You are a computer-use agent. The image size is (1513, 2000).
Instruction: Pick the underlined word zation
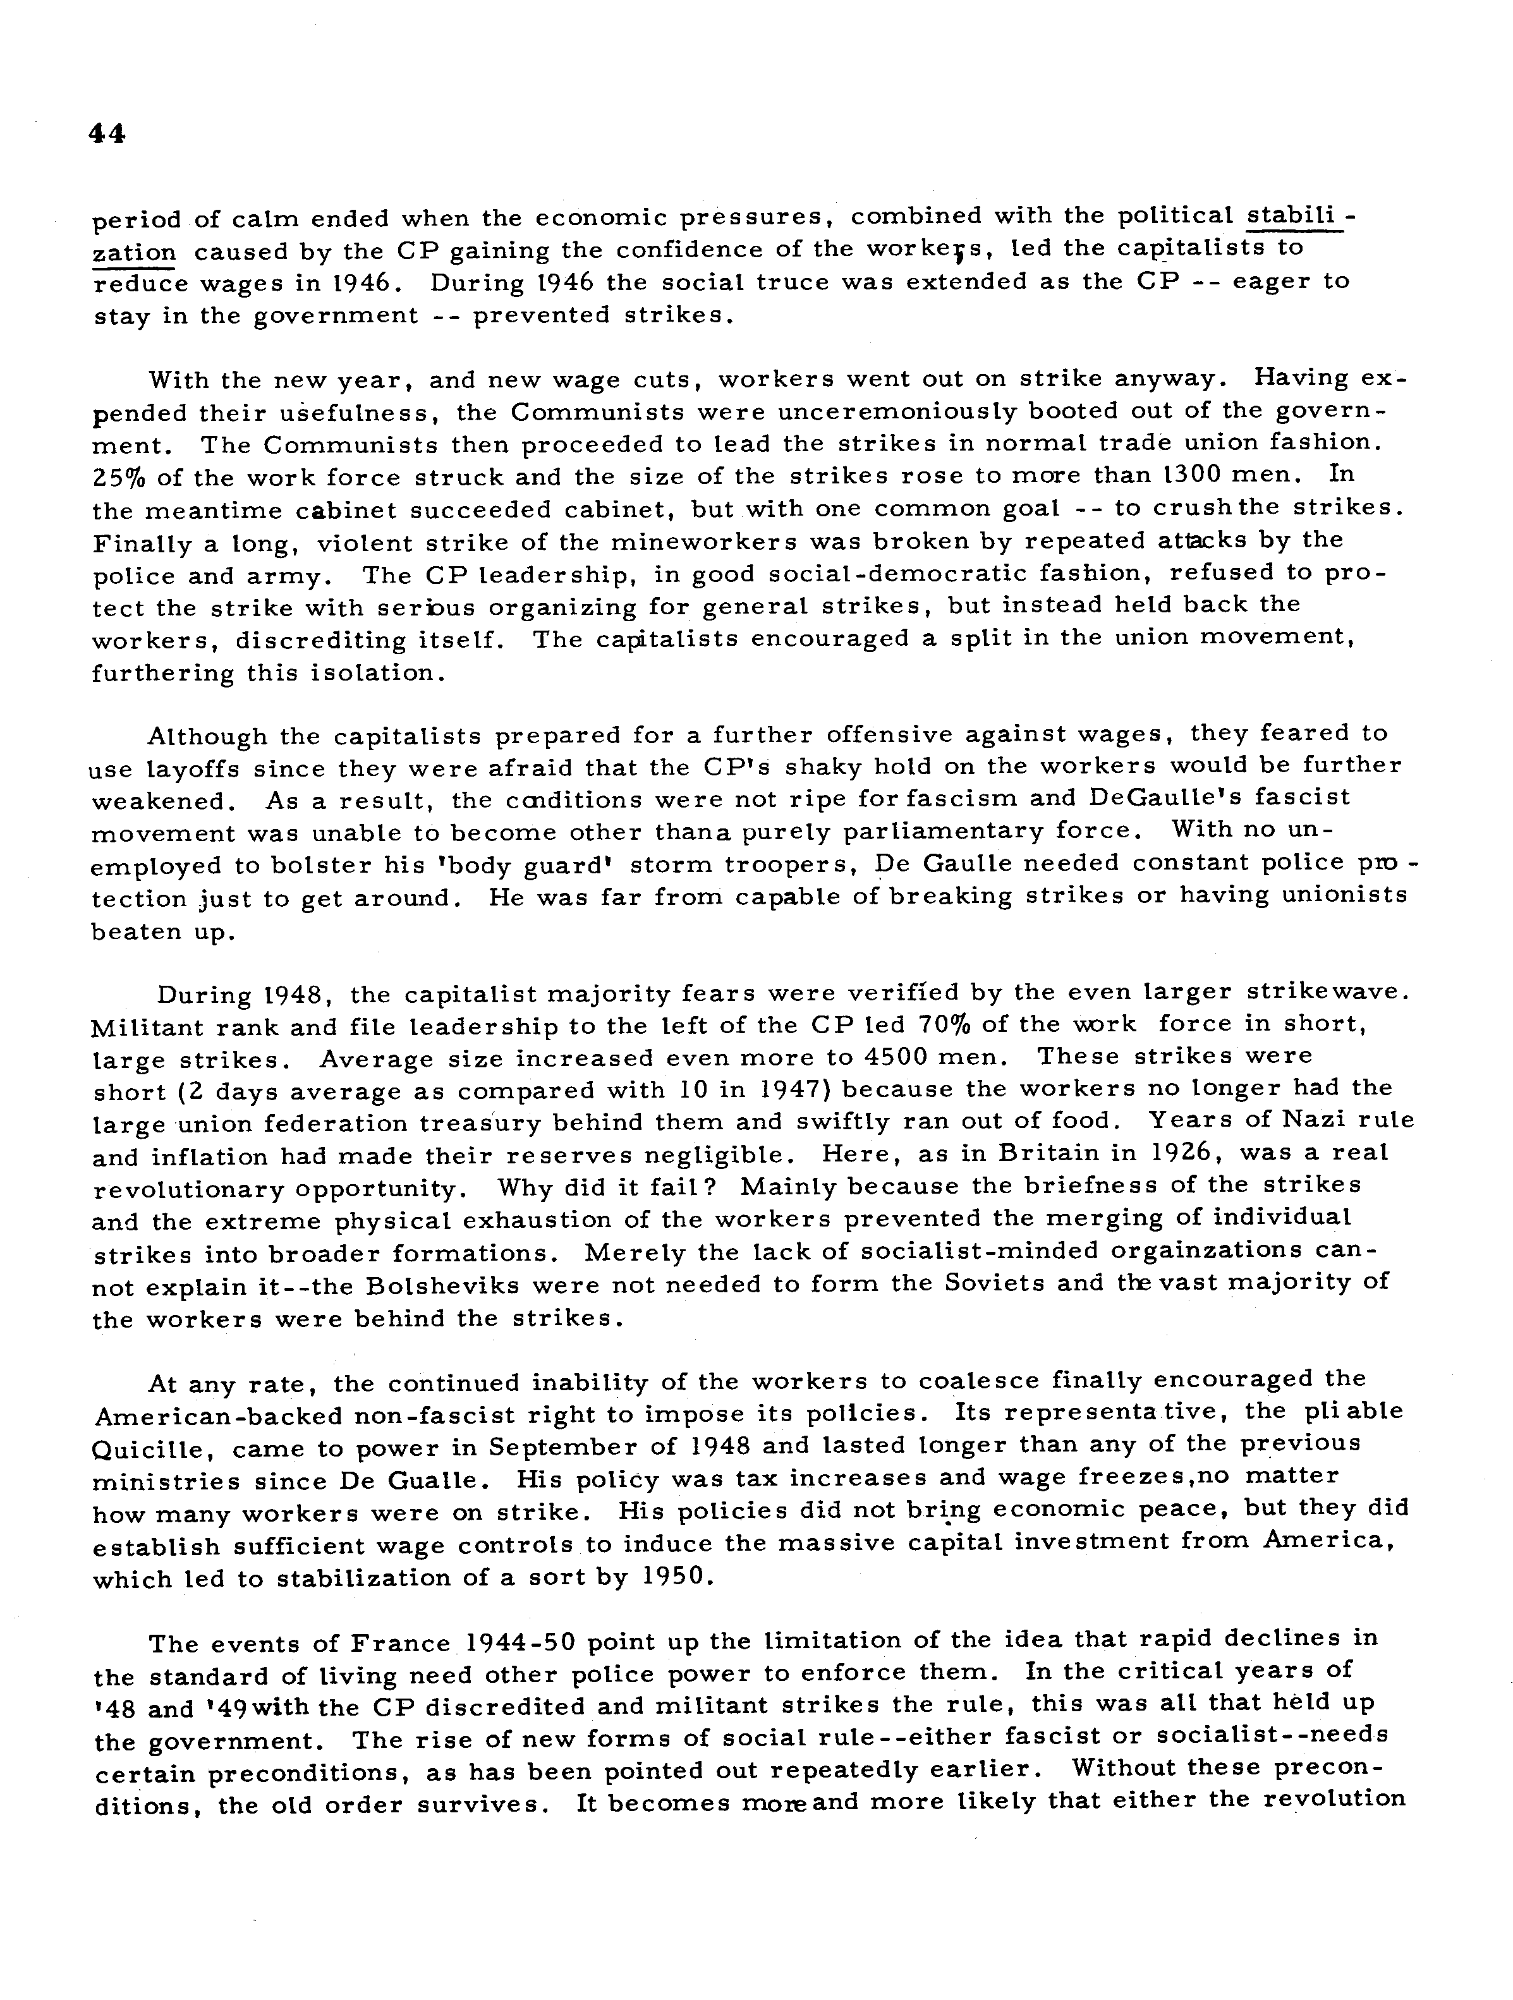coord(134,252)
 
